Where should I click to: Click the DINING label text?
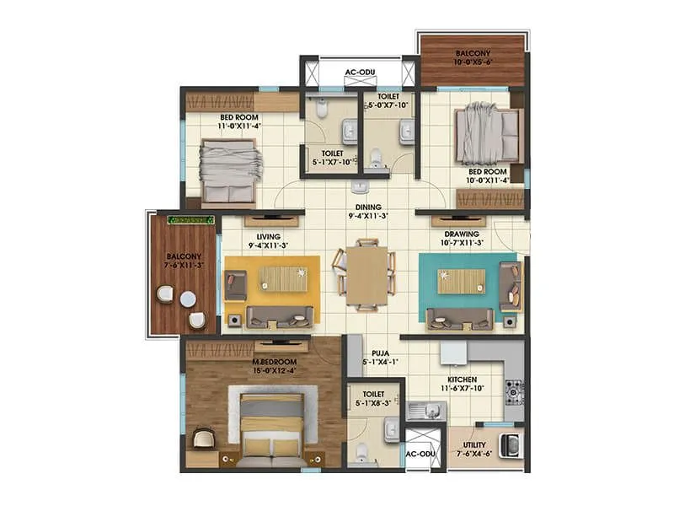tap(367, 207)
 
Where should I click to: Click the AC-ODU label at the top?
tap(359, 73)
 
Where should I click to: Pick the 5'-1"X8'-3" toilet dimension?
tap(373, 403)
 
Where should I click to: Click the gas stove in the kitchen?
tap(512, 390)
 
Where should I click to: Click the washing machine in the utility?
tap(510, 444)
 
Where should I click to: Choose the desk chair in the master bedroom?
tap(203, 437)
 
